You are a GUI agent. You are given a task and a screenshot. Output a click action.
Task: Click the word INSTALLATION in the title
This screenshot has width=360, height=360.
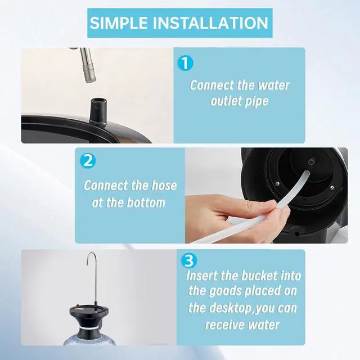click(210, 22)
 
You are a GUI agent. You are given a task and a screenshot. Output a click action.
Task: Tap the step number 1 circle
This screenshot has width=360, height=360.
click(186, 63)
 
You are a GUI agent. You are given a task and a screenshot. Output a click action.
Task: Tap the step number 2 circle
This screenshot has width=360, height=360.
click(88, 160)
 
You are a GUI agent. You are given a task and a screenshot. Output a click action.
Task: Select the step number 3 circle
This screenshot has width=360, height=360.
click(189, 261)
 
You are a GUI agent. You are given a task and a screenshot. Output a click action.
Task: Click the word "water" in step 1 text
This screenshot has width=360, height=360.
click(274, 85)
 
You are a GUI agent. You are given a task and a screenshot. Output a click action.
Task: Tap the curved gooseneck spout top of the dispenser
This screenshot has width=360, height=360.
click(91, 255)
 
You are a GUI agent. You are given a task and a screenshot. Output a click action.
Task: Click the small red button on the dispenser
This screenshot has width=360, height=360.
click(77, 305)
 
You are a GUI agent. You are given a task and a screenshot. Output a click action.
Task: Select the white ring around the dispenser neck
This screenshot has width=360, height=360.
click(90, 328)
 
